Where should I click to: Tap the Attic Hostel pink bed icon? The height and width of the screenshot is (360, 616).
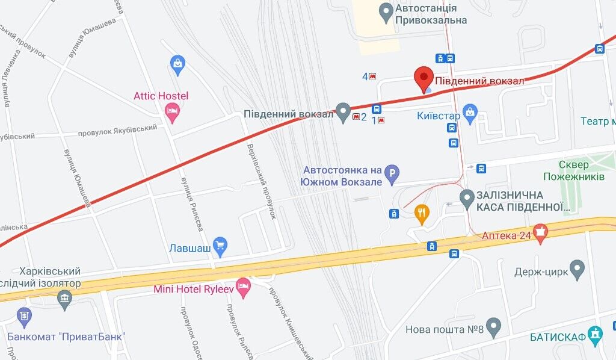tap(173, 111)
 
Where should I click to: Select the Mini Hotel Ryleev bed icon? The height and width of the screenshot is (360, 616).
tap(243, 288)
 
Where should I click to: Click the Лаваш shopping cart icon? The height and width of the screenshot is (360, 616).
tap(221, 246)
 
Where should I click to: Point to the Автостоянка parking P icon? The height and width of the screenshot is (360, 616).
tap(392, 175)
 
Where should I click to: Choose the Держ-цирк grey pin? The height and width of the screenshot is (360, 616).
tap(577, 268)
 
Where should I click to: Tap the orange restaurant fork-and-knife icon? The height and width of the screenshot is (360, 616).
tap(422, 213)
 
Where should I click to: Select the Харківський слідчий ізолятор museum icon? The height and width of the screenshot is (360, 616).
tap(64, 297)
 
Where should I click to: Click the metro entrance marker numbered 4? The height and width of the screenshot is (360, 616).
tap(372, 76)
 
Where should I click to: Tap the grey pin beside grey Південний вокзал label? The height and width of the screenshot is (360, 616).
tap(343, 111)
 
